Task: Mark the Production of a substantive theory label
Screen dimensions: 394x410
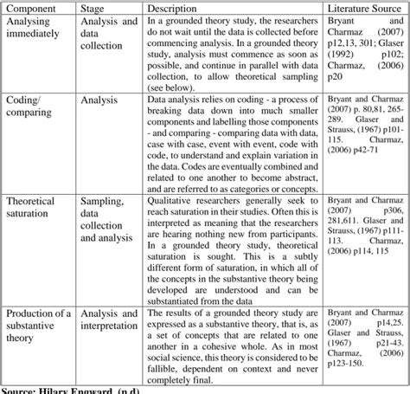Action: (x=39, y=325)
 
